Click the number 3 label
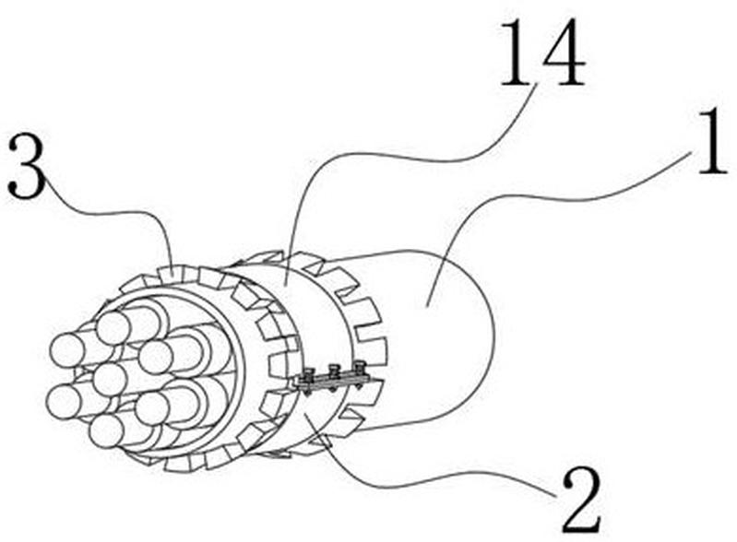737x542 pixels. point(28,166)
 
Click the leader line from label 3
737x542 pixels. point(113,212)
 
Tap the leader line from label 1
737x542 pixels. point(554,198)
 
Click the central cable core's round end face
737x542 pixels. point(109,379)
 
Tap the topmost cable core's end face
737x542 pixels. point(113,328)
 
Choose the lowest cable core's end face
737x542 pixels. point(106,431)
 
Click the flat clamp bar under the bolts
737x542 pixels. point(332,382)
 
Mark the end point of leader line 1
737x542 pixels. point(426,306)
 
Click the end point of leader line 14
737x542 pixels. point(285,287)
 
